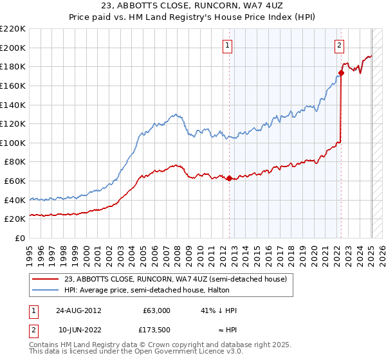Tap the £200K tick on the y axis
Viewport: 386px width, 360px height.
pyautogui.click(x=13, y=48)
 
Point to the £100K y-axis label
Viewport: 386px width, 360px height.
pyautogui.click(x=13, y=143)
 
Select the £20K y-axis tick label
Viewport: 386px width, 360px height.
pyautogui.click(x=15, y=219)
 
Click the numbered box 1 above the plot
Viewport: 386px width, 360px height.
pyautogui.click(x=229, y=45)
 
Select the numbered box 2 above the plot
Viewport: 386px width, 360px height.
pyautogui.click(x=339, y=45)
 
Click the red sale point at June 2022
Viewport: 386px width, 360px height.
pyautogui.click(x=341, y=73)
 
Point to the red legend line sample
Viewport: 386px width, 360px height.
pyautogui.click(x=46, y=279)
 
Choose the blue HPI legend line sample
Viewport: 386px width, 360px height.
pyautogui.click(x=46, y=290)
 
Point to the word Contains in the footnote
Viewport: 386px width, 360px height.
pyautogui.click(x=44, y=346)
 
